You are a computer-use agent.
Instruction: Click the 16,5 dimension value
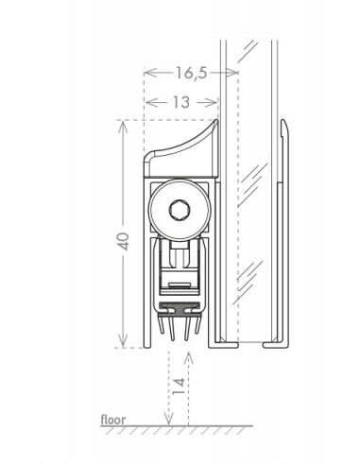(191, 73)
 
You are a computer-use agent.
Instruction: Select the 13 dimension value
(181, 102)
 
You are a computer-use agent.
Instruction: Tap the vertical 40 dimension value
(124, 241)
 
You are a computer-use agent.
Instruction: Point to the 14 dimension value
(179, 387)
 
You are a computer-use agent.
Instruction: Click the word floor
(112, 420)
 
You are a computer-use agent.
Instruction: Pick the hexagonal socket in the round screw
(180, 210)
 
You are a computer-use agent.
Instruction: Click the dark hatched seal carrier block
(180, 309)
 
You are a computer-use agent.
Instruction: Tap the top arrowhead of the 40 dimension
(123, 125)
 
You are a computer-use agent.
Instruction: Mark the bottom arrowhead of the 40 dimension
(123, 343)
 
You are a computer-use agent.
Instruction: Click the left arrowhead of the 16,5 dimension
(150, 73)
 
